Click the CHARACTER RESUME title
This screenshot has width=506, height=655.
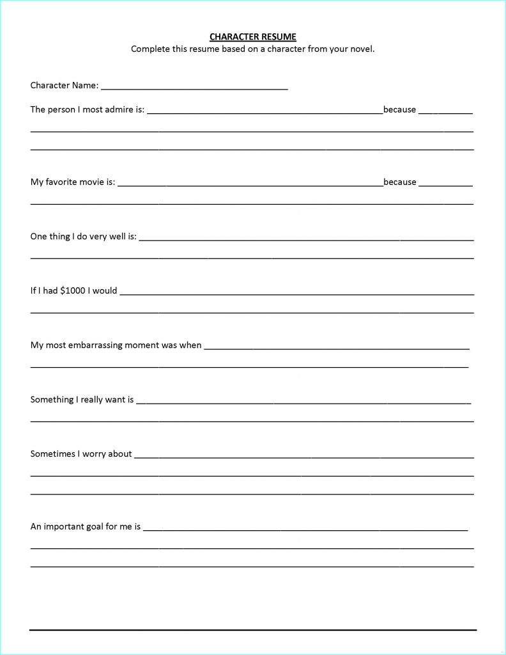tap(253, 37)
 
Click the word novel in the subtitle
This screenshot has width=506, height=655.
tap(361, 49)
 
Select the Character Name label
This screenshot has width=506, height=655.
tap(64, 85)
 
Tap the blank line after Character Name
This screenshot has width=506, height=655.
tap(194, 87)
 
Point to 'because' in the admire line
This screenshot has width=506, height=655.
tap(399, 109)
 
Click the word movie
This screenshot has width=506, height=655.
tap(91, 182)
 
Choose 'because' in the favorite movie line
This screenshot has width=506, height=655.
tap(399, 182)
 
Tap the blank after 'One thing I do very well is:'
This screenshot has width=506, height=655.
tap(307, 239)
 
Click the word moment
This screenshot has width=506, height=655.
tap(142, 345)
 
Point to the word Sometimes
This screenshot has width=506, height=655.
tap(54, 454)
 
